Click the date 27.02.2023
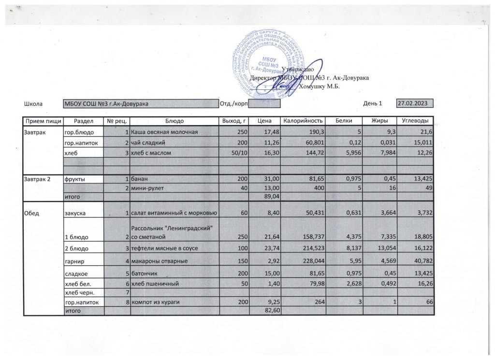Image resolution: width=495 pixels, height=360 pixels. [x=414, y=103]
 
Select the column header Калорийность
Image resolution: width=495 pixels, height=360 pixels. [x=302, y=121]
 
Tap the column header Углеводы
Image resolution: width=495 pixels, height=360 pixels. [x=415, y=121]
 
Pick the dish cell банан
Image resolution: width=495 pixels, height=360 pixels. [x=140, y=179]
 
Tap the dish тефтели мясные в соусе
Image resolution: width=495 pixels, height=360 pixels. [x=163, y=248]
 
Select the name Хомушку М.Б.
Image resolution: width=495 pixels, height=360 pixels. [x=320, y=86]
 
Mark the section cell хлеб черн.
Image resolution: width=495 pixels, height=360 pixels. [x=79, y=293]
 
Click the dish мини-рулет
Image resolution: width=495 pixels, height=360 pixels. [x=147, y=188]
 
